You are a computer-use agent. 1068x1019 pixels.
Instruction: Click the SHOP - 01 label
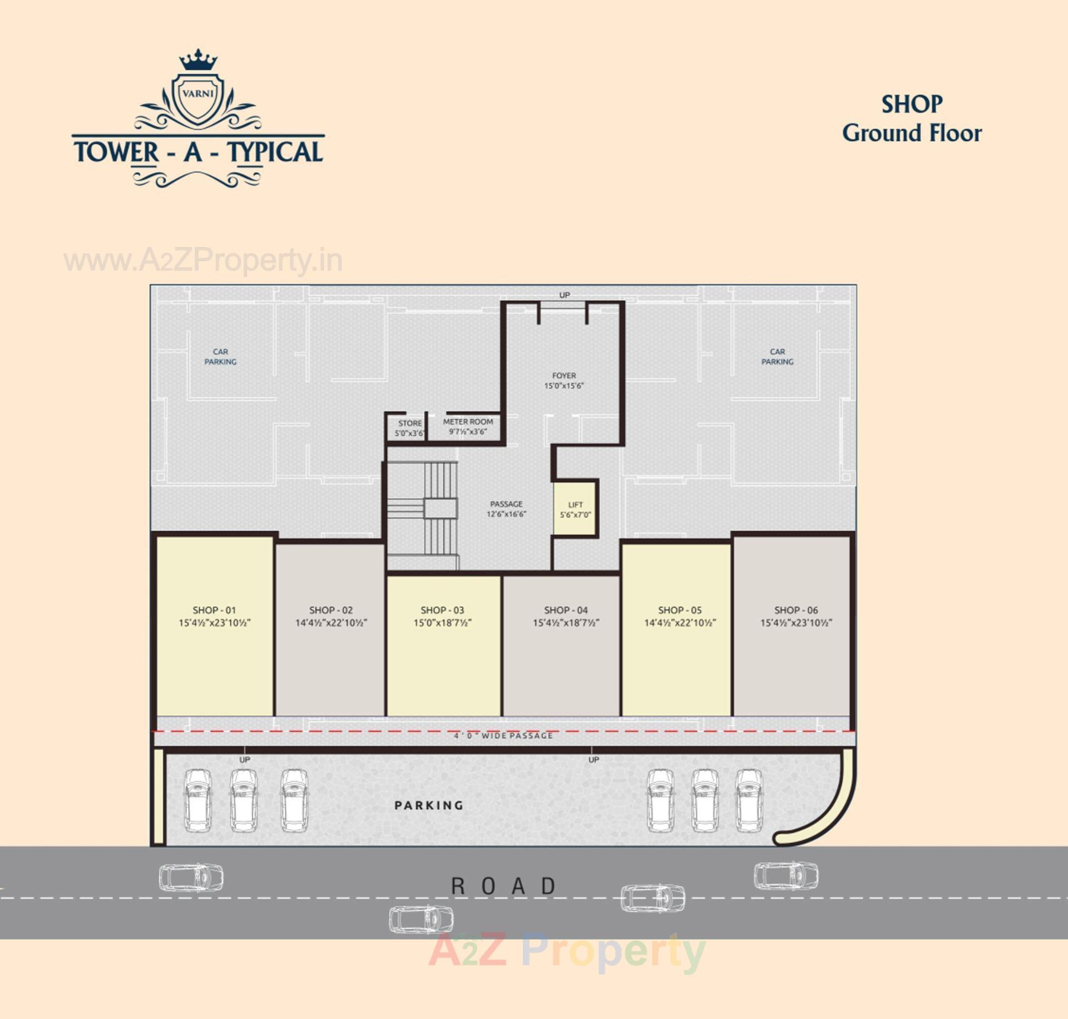(214, 610)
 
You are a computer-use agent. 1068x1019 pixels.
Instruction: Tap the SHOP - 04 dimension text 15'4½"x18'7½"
(566, 623)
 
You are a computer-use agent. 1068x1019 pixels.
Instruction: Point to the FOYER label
(564, 376)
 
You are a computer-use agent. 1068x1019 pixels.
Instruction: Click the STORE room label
(410, 424)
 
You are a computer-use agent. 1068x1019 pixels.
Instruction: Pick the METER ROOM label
(468, 422)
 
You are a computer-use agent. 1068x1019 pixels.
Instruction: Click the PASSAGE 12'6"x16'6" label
(506, 509)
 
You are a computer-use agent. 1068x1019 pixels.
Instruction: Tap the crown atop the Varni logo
(198, 61)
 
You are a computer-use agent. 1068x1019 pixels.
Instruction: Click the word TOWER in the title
(116, 152)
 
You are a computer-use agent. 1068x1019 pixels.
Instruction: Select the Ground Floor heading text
(912, 134)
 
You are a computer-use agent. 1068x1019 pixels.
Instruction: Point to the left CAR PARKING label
(220, 357)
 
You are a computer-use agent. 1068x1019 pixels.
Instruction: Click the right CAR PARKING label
(777, 357)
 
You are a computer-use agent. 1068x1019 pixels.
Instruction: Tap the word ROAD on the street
(503, 886)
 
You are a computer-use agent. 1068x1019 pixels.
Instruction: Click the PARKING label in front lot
(429, 805)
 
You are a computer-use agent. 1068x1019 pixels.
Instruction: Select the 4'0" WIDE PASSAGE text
(503, 736)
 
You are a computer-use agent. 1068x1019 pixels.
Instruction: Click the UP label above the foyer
(565, 295)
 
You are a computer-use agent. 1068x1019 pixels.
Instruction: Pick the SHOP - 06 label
(796, 610)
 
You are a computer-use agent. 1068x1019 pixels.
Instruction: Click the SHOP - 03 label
(442, 610)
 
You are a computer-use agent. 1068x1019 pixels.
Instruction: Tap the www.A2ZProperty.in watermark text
(203, 260)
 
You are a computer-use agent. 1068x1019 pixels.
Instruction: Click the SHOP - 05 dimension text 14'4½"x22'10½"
(680, 623)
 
